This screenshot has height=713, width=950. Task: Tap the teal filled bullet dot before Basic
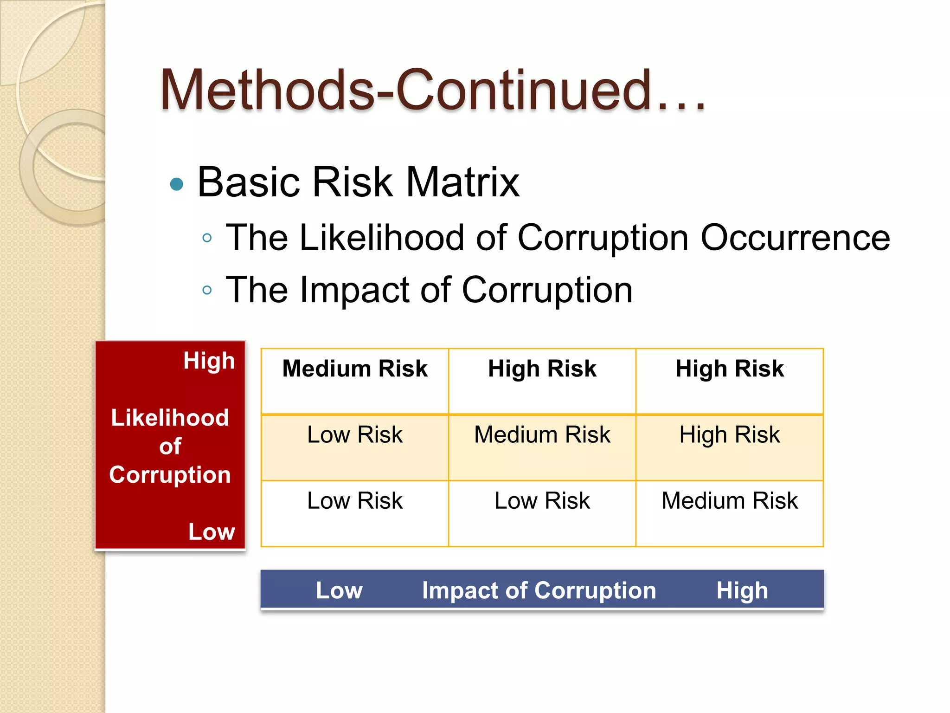(x=177, y=184)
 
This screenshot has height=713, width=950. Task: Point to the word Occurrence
(x=795, y=238)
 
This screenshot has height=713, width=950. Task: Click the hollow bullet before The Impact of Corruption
(x=207, y=291)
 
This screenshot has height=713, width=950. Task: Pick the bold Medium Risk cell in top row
(x=355, y=369)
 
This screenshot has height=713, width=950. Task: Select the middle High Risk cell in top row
(x=542, y=369)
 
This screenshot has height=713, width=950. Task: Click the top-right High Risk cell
(x=729, y=369)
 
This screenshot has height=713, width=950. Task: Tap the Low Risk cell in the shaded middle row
(x=355, y=435)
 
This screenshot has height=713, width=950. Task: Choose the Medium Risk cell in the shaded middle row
(x=542, y=435)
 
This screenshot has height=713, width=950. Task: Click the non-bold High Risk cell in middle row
(x=729, y=435)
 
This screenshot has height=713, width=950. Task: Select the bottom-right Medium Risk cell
(x=729, y=501)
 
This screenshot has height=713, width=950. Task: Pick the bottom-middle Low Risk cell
(x=542, y=501)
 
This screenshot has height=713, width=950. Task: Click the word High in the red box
(x=209, y=361)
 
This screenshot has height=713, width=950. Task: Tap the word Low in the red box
(x=212, y=532)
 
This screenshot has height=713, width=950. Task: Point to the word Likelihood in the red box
(x=170, y=418)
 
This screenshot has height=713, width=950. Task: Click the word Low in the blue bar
(x=339, y=591)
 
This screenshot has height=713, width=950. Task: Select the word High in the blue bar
(x=742, y=591)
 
